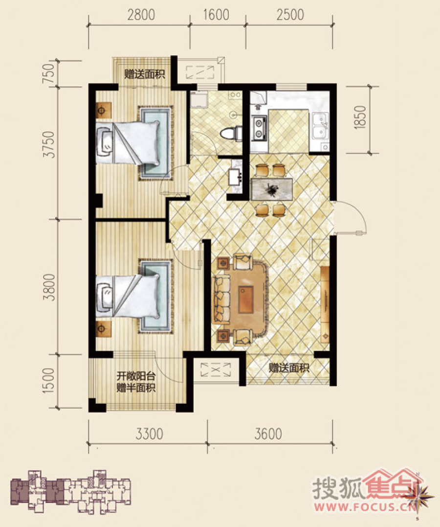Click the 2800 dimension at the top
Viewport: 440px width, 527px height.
click(x=141, y=15)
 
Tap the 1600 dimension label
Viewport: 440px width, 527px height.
click(x=217, y=15)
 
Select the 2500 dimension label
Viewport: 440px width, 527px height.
click(x=290, y=15)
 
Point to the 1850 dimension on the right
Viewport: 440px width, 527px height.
click(x=360, y=117)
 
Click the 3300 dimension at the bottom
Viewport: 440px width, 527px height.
click(x=150, y=434)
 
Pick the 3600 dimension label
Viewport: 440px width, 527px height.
click(x=268, y=434)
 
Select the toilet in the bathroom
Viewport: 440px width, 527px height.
click(x=231, y=133)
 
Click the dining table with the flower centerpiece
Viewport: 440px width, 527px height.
click(x=272, y=189)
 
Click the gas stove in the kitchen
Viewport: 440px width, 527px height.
click(x=259, y=128)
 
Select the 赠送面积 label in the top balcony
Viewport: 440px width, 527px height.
click(x=145, y=74)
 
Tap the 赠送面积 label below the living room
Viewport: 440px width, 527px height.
click(x=289, y=368)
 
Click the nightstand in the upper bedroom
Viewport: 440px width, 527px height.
click(x=103, y=110)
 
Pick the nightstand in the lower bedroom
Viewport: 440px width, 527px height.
click(x=103, y=329)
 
